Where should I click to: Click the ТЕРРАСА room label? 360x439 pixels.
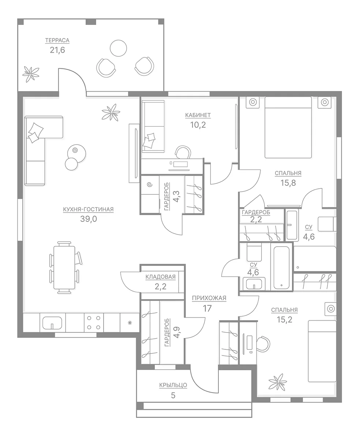57,40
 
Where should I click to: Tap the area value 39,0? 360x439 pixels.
89,219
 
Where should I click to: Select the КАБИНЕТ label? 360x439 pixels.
198,115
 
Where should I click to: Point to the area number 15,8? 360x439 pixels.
288,183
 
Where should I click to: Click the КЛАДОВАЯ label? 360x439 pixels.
161,277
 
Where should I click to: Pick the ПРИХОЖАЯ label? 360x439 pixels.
209,298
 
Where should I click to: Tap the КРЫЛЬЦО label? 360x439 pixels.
173,385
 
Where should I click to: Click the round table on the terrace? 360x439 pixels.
118,48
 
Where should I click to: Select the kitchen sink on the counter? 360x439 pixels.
52,323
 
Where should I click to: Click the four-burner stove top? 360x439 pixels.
94,323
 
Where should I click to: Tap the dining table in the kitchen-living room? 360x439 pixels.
64,268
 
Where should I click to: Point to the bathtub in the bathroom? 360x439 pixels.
281,268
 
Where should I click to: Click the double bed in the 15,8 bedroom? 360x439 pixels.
288,127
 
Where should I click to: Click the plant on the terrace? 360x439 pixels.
31,74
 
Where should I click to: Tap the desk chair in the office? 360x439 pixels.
183,152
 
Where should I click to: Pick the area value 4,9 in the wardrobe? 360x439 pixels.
177,333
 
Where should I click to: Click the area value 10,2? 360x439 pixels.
198,125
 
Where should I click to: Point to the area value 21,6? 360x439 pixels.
57,50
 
